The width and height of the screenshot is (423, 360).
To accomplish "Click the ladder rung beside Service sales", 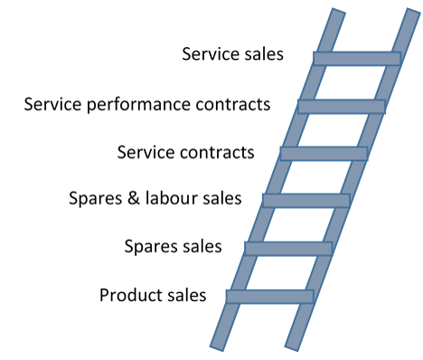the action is [x=357, y=59].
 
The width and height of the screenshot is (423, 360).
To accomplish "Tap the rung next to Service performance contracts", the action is [x=342, y=107].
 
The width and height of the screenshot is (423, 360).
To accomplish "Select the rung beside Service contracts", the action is [x=324, y=154].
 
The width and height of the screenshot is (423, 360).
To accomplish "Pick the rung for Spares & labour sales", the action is [x=306, y=201].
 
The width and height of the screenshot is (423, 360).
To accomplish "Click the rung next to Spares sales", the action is [x=288, y=249].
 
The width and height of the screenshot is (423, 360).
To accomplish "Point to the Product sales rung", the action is [x=270, y=297].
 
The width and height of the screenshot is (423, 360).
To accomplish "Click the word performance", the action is [x=138, y=105].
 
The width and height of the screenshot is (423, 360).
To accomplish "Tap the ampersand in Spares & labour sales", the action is [x=134, y=198].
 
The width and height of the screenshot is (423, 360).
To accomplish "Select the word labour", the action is [x=171, y=198].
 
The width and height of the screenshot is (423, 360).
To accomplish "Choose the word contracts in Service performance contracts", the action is [x=233, y=104].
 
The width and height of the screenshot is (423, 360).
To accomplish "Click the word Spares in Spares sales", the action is [x=147, y=247].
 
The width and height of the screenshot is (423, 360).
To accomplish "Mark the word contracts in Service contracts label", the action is [x=217, y=153].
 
